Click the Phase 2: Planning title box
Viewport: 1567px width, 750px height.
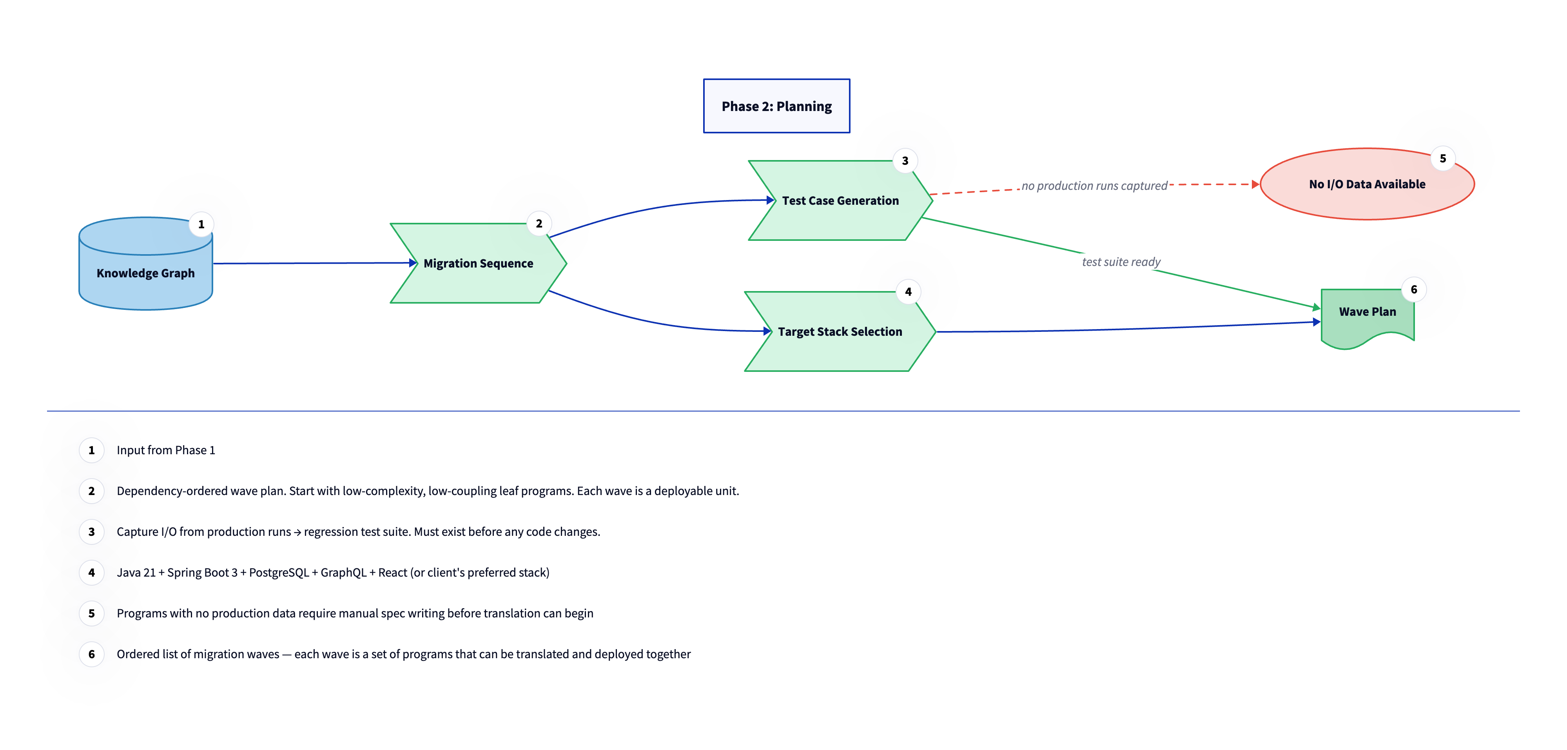point(776,106)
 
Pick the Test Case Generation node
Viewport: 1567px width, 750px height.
point(840,201)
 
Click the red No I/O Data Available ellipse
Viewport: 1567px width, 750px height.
point(1366,184)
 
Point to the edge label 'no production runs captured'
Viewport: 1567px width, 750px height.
point(1094,186)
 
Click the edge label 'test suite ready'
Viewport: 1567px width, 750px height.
point(1121,262)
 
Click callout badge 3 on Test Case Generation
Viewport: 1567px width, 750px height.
point(905,161)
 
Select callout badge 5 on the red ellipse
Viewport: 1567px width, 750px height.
point(1442,158)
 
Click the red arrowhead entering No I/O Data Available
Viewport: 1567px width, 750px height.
point(1255,184)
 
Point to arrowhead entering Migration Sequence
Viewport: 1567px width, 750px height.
point(413,263)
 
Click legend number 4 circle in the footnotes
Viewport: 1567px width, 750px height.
point(92,572)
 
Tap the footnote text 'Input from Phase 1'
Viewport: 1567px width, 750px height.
point(165,450)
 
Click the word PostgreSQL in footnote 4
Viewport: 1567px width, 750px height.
point(279,573)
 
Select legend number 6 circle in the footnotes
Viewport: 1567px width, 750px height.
point(92,654)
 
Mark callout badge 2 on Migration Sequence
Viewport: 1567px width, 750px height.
point(539,224)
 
